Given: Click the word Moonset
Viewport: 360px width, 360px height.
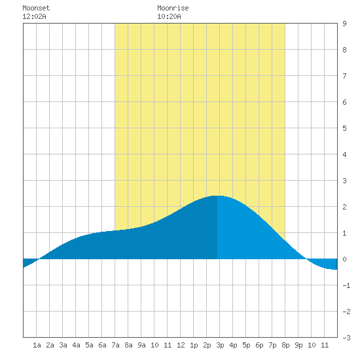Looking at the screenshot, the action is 36,8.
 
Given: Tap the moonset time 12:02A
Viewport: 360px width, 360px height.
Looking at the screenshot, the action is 34,16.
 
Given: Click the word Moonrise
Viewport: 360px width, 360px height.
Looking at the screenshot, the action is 173,8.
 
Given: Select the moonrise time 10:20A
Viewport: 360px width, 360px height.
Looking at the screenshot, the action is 169,16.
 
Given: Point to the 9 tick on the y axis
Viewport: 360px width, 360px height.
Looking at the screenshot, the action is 344,24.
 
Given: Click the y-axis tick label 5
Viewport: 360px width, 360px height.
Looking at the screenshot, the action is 344,128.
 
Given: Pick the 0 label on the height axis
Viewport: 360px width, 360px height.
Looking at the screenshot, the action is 344,259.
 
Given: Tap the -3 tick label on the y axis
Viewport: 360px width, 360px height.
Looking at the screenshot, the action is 346,338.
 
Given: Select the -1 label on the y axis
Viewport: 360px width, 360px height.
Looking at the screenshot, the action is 346,285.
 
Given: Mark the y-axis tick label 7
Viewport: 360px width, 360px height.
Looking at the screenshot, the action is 344,76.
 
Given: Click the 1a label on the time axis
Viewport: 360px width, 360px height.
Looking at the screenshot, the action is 37,345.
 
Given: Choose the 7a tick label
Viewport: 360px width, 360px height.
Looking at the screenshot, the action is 115,345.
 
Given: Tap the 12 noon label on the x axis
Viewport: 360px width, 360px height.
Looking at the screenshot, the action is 181,345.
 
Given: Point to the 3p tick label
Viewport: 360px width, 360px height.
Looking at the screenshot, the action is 220,345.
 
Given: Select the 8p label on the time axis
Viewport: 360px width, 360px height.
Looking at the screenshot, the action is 285,345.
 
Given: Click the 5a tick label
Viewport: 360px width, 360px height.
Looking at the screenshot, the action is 89,345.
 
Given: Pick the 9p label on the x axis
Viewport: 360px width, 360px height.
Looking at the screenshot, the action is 298,345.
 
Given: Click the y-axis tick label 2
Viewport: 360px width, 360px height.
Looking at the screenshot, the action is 344,207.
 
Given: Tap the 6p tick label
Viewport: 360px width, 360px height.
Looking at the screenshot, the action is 259,345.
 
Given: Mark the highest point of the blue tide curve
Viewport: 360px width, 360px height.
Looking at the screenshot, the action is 217,196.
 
